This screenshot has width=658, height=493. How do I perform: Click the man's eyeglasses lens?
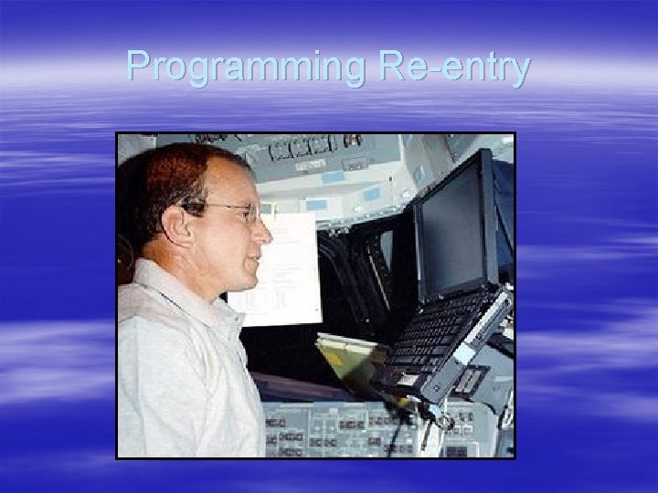coord(245,214)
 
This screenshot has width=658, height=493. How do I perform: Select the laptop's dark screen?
coord(453,229)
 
